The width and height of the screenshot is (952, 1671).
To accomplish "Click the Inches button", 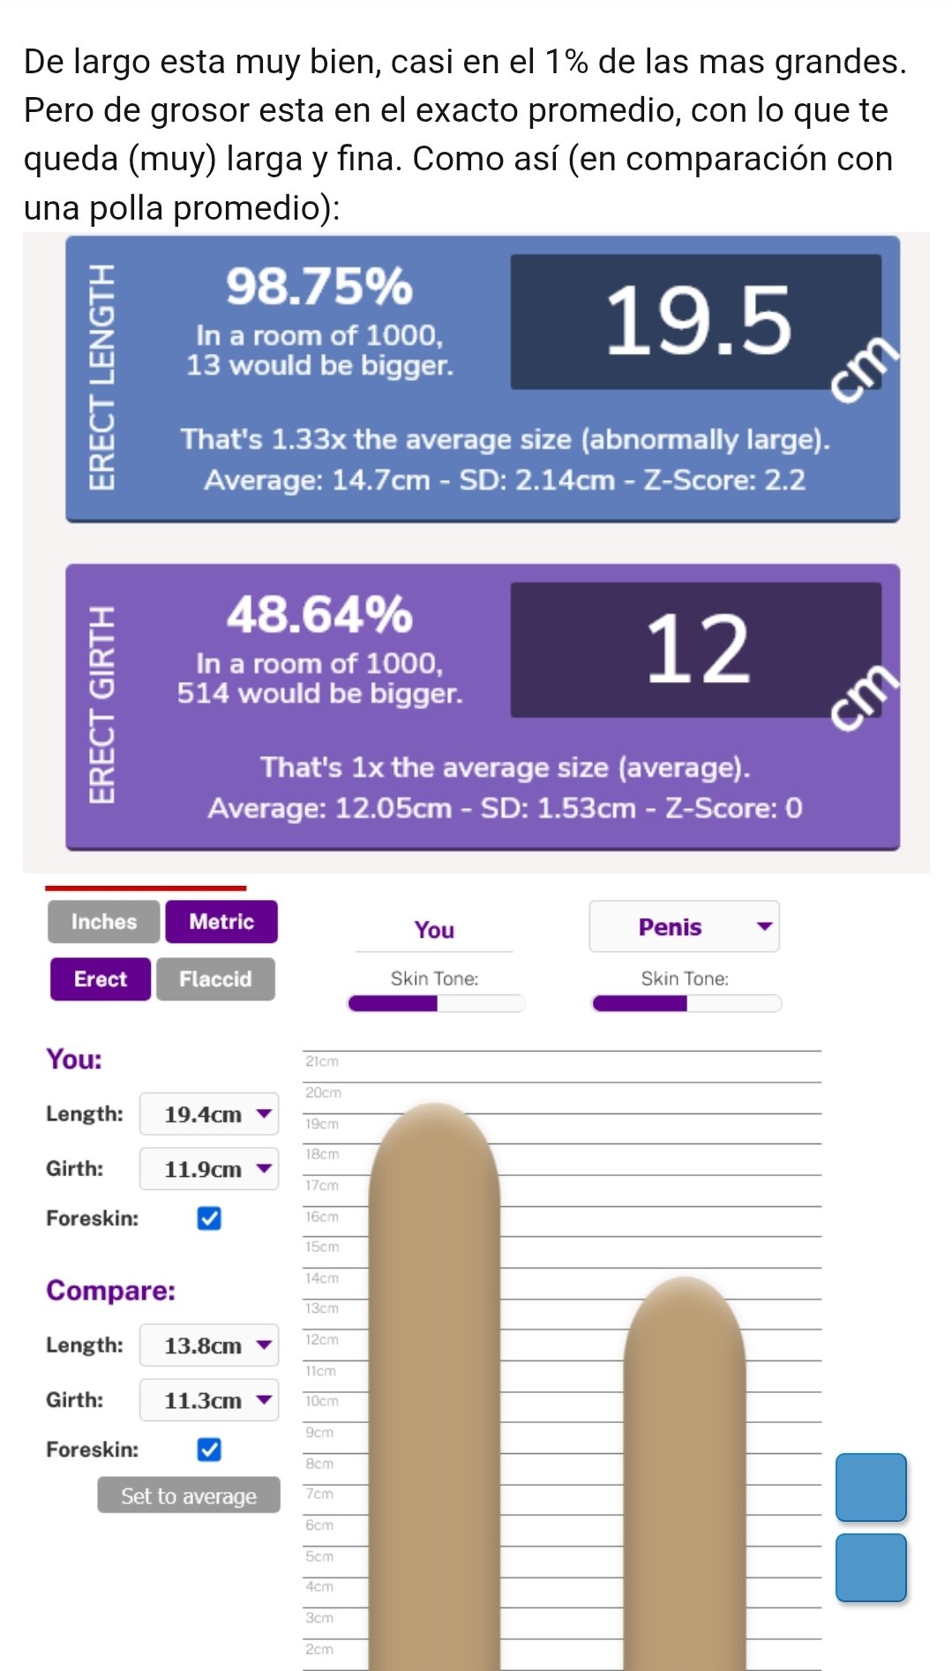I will (x=104, y=922).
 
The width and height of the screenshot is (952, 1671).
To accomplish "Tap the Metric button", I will (x=221, y=922).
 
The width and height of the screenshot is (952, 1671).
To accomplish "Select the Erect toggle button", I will (x=101, y=979).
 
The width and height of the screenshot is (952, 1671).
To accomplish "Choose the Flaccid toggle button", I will (x=215, y=979).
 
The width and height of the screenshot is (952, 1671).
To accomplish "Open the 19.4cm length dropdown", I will (x=210, y=1114).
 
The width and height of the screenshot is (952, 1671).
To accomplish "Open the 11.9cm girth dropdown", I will (x=210, y=1169).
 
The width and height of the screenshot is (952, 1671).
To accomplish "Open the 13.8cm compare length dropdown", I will (x=210, y=1345).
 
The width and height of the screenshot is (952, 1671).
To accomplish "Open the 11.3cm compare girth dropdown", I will (x=210, y=1400).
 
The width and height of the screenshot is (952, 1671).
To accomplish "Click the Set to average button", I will (x=189, y=1495).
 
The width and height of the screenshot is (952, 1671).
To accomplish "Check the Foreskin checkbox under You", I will (x=209, y=1218).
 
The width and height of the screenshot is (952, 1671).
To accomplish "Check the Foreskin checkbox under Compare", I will (x=209, y=1450).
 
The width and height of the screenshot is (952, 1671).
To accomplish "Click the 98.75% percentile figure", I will (x=319, y=287).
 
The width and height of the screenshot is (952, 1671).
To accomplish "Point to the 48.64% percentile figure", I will (x=319, y=615).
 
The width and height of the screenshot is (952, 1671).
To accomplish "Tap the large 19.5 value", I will (x=697, y=322).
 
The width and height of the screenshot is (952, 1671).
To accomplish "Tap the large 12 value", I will (x=697, y=650).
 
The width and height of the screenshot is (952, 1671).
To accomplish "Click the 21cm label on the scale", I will (x=322, y=1061).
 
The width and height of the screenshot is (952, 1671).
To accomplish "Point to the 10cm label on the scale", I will (x=322, y=1401).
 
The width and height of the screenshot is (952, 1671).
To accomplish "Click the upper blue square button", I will (x=871, y=1487).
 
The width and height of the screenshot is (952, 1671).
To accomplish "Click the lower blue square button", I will (x=871, y=1567).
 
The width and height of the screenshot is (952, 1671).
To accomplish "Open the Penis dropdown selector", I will (x=684, y=926).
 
